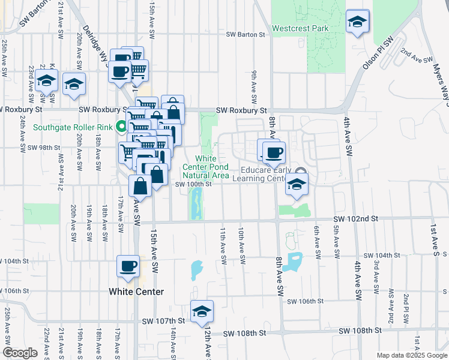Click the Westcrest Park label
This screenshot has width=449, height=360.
300,28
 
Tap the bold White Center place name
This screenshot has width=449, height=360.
136,292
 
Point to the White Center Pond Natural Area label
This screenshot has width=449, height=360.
205,167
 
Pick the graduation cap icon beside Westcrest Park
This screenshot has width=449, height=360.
358,23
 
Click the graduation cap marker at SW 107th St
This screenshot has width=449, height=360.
202,311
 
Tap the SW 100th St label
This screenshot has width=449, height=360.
193,184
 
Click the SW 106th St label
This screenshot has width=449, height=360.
306,301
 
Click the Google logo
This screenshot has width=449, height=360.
20,353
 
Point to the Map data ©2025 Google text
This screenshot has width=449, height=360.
412,355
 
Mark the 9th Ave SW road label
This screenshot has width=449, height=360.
254,86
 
